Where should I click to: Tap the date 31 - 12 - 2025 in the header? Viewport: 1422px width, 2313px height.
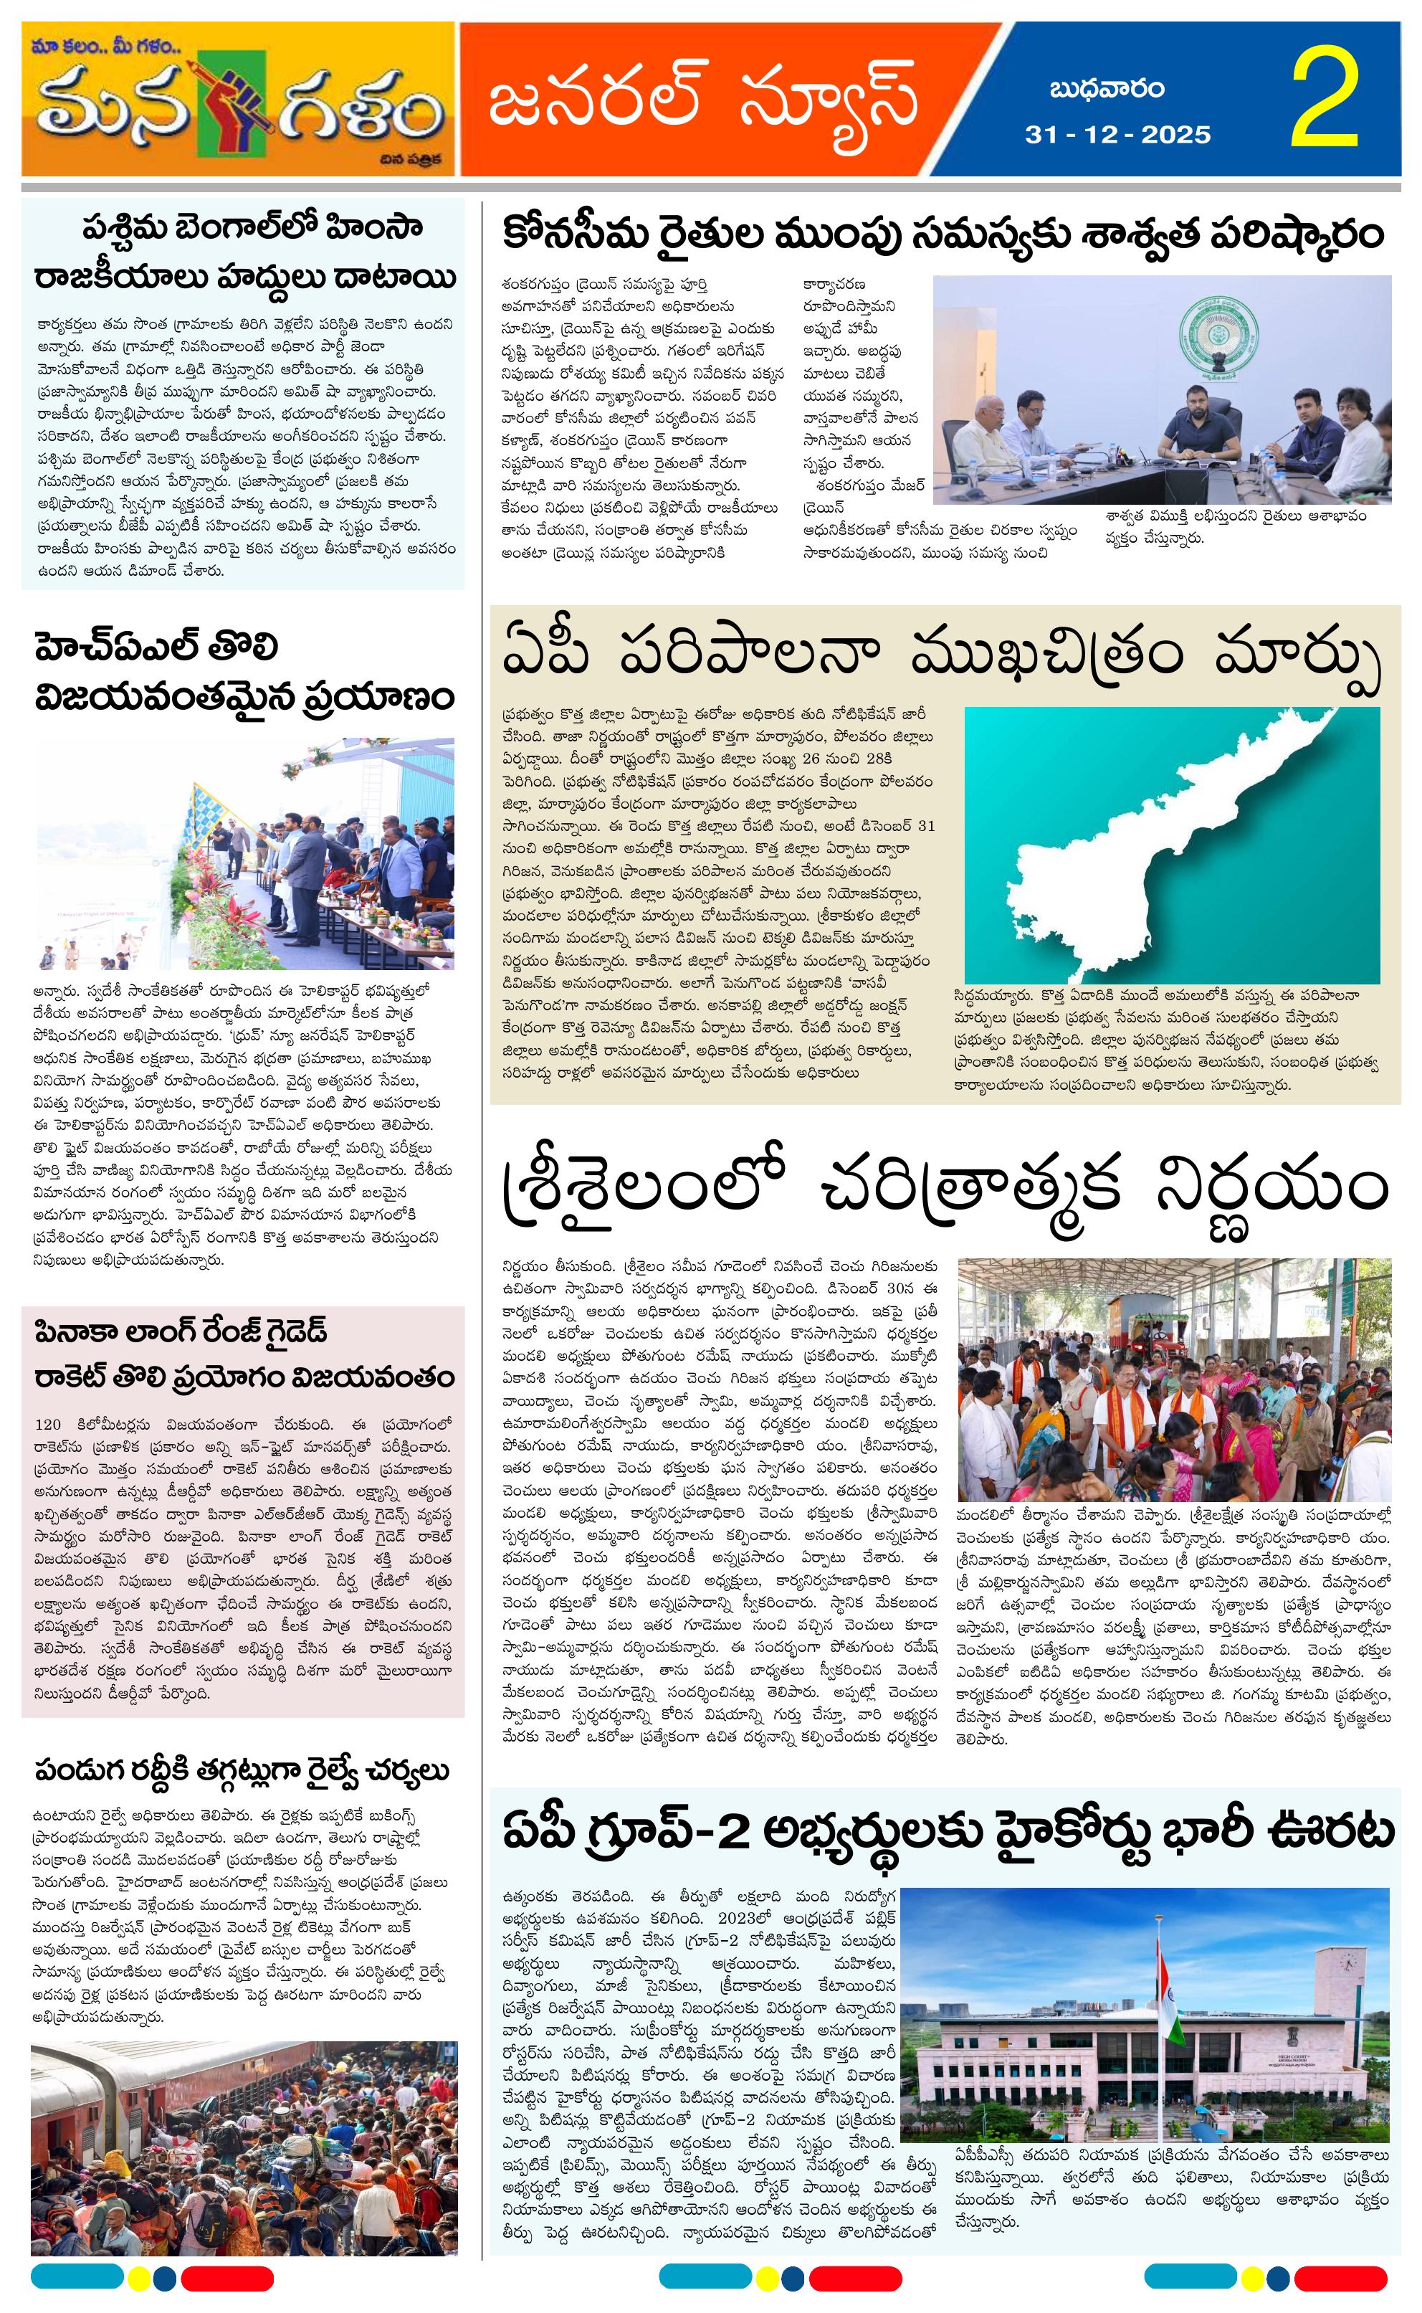point(1117,135)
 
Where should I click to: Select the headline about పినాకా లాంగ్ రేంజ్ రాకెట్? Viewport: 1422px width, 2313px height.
point(244,1354)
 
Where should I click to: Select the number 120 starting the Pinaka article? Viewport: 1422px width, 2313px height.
point(48,1424)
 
